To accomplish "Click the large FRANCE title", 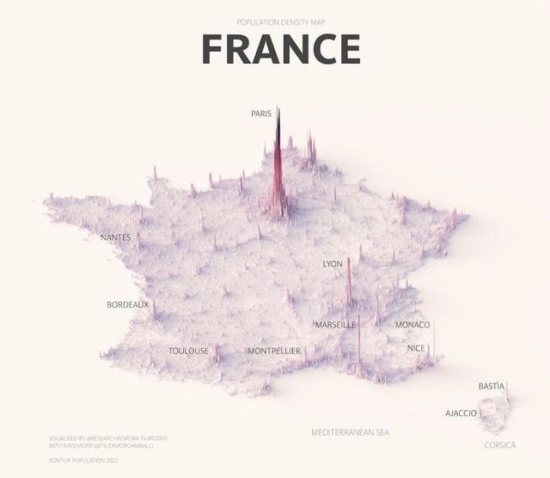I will point(280,49).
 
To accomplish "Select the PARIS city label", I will point(261,113).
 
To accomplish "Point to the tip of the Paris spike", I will point(278,109).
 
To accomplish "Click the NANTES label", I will point(116,237).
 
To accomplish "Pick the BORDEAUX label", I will point(127,304).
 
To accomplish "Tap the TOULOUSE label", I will point(188,351).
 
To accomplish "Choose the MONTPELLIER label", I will point(274,351).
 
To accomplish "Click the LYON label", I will point(333,264).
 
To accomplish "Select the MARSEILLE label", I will point(335,325).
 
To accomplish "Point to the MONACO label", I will point(412,325).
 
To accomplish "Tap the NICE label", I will point(416,348).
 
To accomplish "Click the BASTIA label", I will point(492,386).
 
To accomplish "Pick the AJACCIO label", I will point(461,414).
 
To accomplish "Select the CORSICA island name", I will point(500,445).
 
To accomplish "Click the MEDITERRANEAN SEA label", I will point(351,432).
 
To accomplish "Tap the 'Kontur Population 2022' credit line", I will point(83,462).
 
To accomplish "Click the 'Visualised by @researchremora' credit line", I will point(108,438).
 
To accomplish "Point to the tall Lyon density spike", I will point(348,279).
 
